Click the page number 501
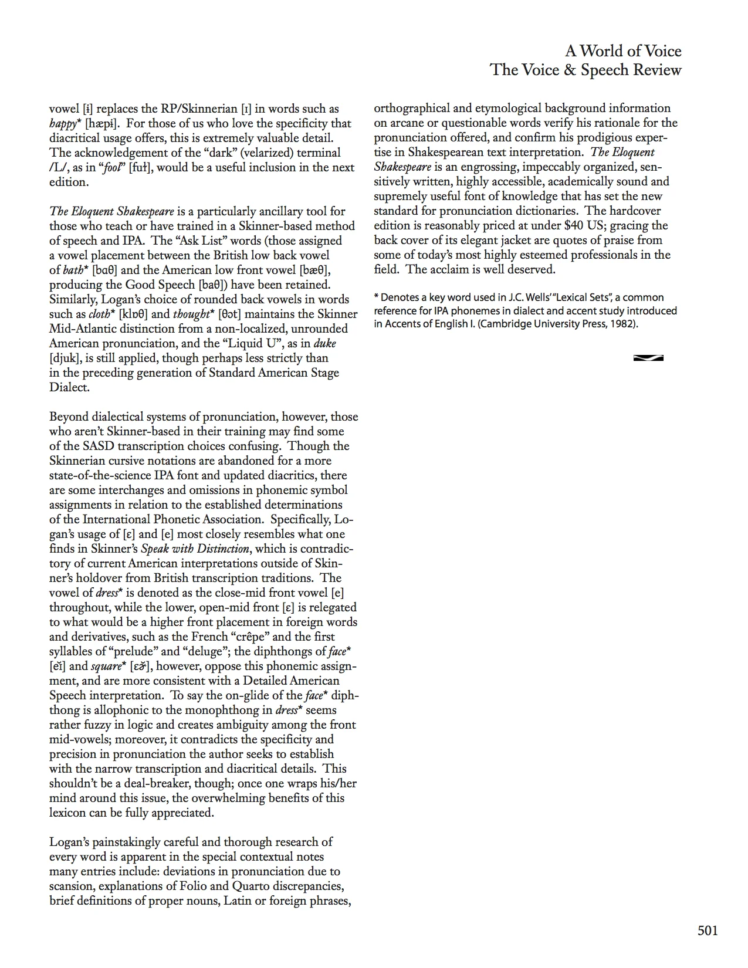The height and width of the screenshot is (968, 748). click(x=708, y=930)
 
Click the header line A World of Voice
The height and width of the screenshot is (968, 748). click(x=623, y=51)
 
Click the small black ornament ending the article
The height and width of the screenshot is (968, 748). click(x=648, y=358)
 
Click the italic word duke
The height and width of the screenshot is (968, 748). click(x=324, y=344)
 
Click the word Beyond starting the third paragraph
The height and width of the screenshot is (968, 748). click(x=69, y=417)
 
